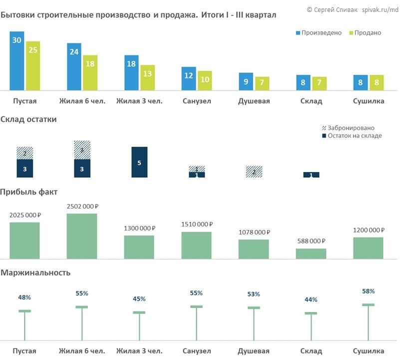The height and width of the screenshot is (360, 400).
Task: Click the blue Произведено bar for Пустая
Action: [16, 60]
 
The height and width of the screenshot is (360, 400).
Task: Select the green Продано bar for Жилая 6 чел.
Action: [90, 72]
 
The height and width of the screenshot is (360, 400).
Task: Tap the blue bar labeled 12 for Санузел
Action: [189, 78]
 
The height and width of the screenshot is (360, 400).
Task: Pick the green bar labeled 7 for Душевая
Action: [262, 83]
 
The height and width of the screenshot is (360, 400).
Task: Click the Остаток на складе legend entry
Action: [352, 136]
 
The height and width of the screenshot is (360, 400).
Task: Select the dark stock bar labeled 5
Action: [139, 162]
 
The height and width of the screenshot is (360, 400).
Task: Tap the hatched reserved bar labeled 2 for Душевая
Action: [254, 171]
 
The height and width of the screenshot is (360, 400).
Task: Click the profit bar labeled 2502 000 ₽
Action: [82, 236]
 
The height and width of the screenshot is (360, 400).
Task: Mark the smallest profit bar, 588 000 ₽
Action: [311, 253]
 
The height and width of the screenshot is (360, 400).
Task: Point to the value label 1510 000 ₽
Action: [196, 224]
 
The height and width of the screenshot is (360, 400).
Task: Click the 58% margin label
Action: [368, 291]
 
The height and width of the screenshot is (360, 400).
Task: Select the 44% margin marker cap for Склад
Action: [311, 313]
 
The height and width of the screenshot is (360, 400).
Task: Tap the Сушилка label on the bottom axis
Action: [368, 350]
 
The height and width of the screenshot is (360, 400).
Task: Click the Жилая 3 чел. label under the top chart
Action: [139, 101]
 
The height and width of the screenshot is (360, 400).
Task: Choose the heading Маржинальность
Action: [35, 272]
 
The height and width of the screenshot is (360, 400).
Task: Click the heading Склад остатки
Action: [28, 119]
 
